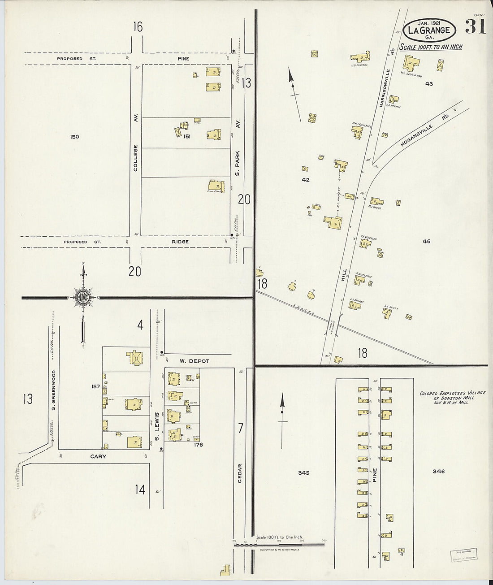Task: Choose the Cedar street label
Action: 240,472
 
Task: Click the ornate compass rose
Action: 83,297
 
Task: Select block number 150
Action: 74,136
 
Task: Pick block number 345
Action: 303,472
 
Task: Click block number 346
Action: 438,471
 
